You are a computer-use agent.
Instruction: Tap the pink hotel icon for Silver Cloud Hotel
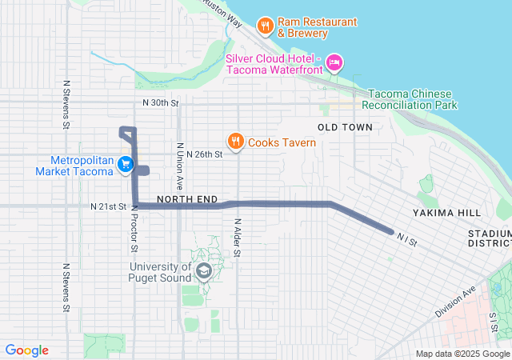click(x=335, y=62)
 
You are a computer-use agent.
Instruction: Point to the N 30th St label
click(x=159, y=103)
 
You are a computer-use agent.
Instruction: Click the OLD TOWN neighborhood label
click(x=345, y=127)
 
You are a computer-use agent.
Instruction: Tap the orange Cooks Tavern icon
click(x=235, y=142)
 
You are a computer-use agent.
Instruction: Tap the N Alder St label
click(x=238, y=238)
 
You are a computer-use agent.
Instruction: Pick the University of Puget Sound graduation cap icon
click(x=203, y=272)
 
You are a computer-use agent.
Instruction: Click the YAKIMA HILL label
click(x=447, y=213)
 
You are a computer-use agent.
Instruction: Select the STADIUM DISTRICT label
click(x=490, y=238)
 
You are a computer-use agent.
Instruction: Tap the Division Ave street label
click(x=457, y=299)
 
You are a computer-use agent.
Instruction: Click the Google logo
click(x=27, y=350)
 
